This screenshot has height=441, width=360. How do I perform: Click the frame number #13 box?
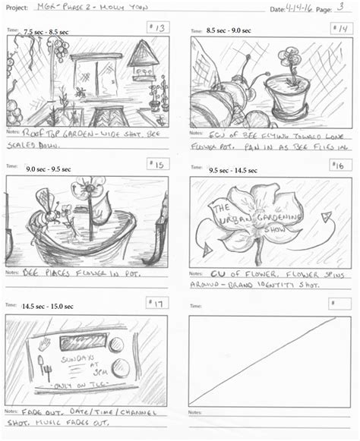158,28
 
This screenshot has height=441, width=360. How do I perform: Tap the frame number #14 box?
339,28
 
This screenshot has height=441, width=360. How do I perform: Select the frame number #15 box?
158,164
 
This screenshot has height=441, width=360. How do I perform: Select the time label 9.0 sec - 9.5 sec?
49,169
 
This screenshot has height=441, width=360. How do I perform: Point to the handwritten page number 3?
339,7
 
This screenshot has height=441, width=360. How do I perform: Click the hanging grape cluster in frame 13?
58,50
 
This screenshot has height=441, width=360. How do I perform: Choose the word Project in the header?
16,9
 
